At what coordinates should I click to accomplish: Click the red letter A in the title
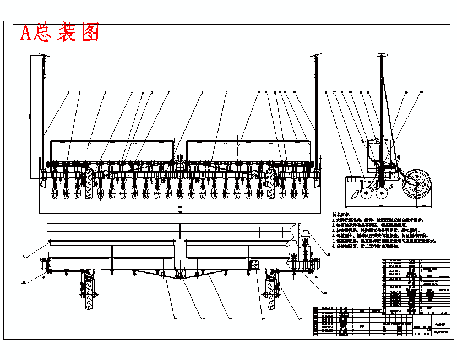coord(26,34)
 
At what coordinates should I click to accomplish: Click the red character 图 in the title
coord(89,33)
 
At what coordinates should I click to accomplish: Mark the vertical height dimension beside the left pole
coord(31,116)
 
